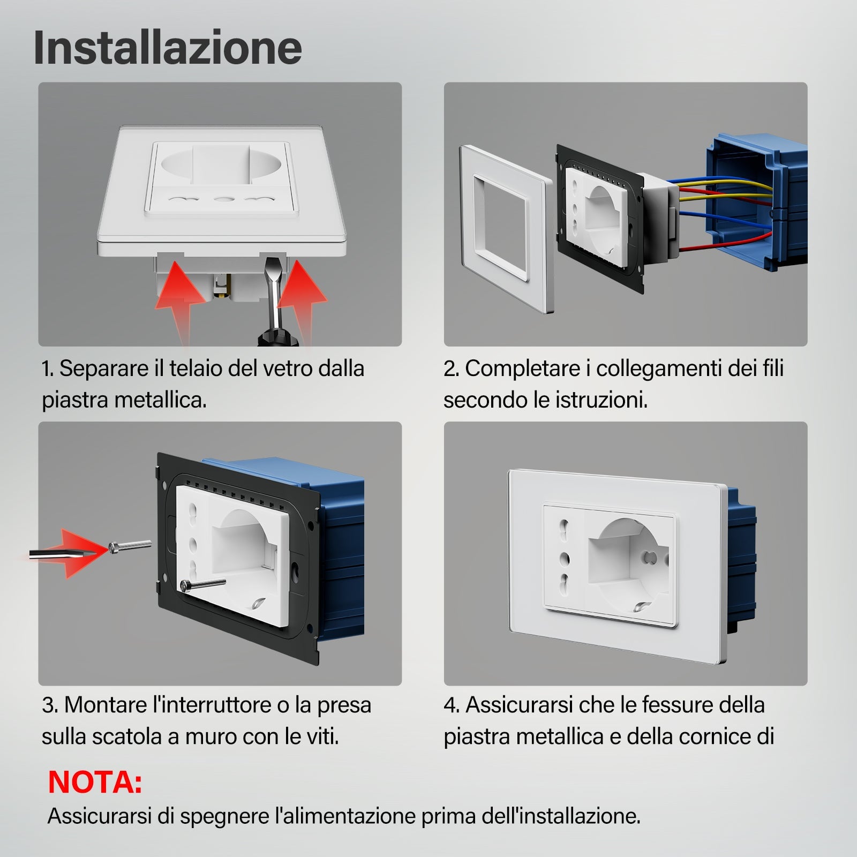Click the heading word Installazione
coord(168,48)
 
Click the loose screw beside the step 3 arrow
coord(130,546)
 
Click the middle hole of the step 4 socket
coord(563,559)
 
